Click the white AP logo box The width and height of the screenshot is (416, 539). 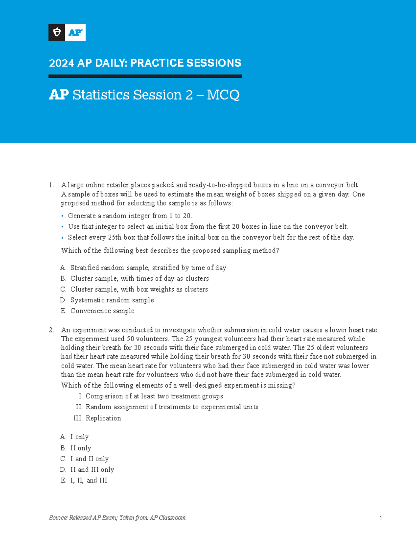[75, 33]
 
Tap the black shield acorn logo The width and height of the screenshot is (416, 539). [57, 33]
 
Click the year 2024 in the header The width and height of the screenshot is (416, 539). [61, 63]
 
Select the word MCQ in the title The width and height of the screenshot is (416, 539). [223, 95]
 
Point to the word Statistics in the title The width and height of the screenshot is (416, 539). [101, 95]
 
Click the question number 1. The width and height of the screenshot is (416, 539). [51, 185]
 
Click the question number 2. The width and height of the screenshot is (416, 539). [51, 330]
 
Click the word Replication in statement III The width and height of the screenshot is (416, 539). [103, 418]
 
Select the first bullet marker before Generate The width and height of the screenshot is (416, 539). [62, 216]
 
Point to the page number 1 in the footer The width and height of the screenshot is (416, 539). [380, 518]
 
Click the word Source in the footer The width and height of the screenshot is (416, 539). [58, 518]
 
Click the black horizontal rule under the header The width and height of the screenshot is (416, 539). [145, 76]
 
